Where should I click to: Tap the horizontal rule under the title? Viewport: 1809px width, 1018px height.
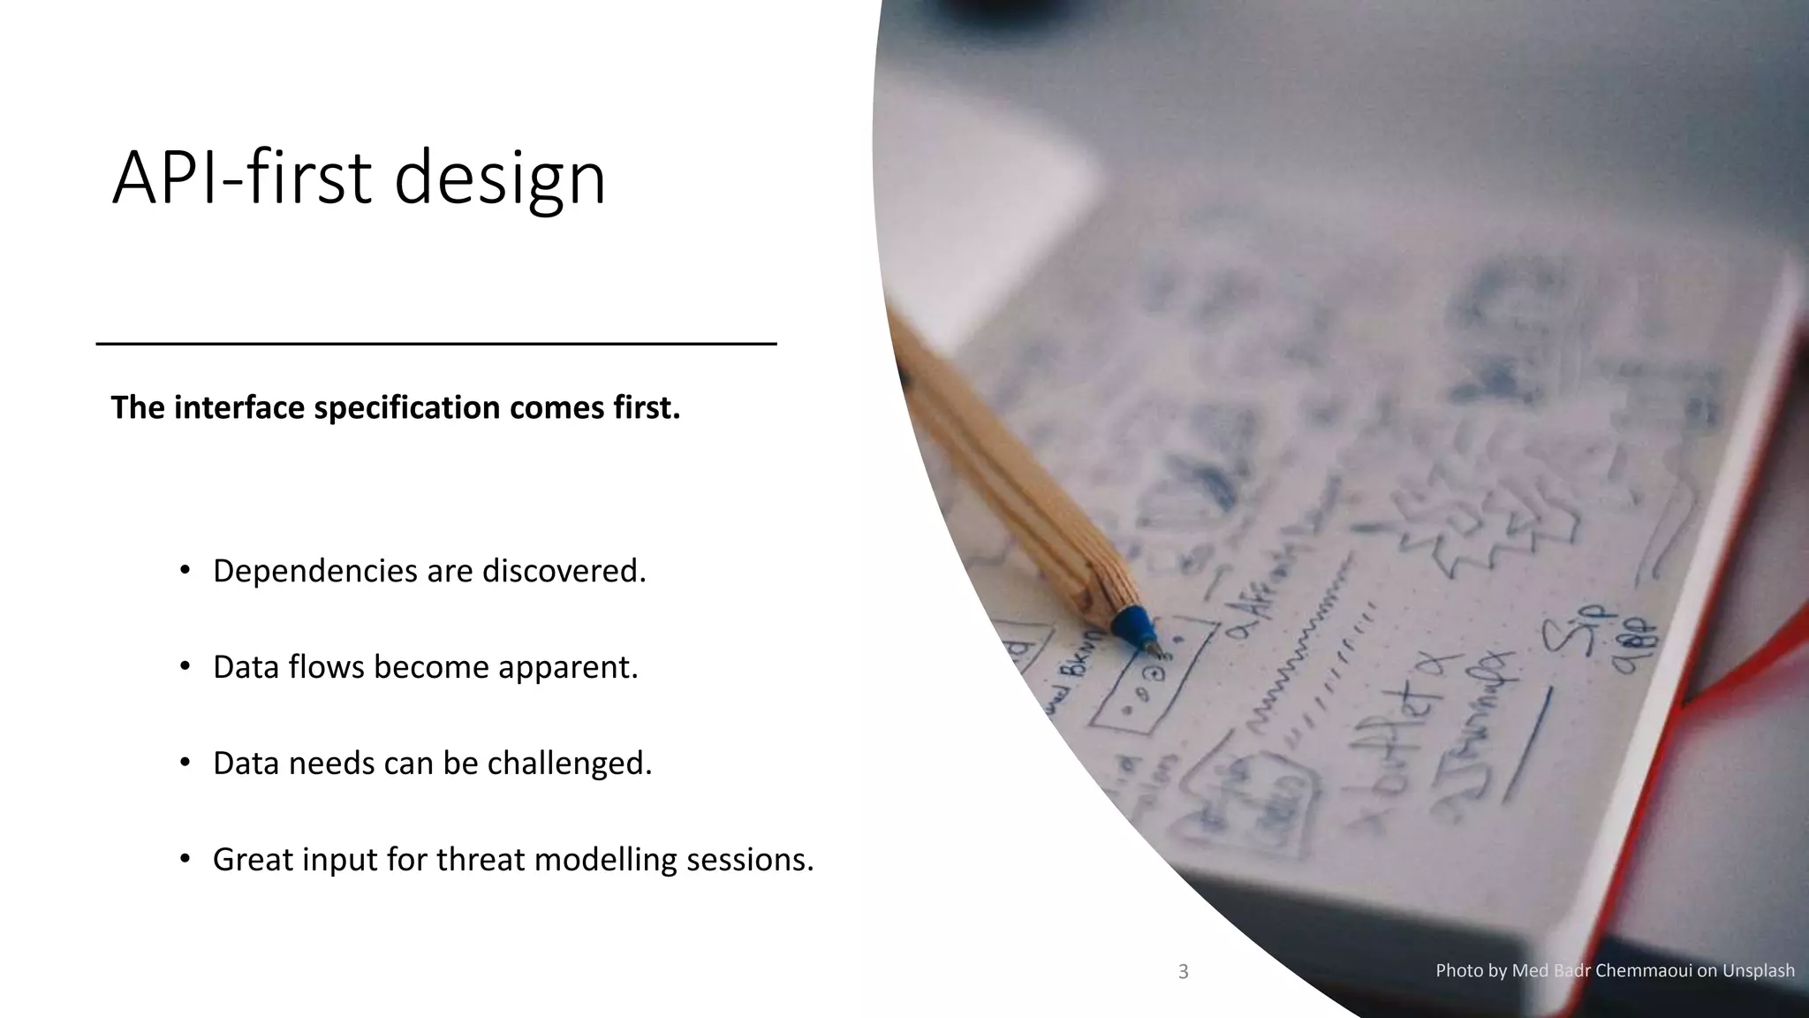click(435, 343)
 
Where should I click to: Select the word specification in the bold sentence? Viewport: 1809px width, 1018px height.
click(407, 407)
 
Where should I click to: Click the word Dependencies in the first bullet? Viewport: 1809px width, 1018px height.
click(315, 572)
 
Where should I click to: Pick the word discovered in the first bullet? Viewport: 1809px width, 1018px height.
click(564, 571)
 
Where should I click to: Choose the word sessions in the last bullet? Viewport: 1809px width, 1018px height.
click(750, 859)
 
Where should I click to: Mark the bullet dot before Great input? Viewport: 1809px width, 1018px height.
click(185, 858)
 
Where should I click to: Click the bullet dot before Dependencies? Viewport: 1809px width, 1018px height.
click(185, 570)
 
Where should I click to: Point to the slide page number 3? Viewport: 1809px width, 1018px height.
click(1184, 972)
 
